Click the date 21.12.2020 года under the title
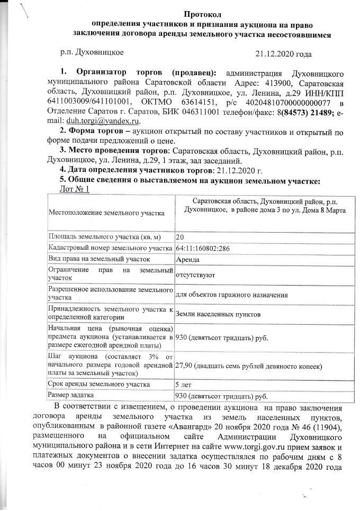[283, 53]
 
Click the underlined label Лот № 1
[77, 189]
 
